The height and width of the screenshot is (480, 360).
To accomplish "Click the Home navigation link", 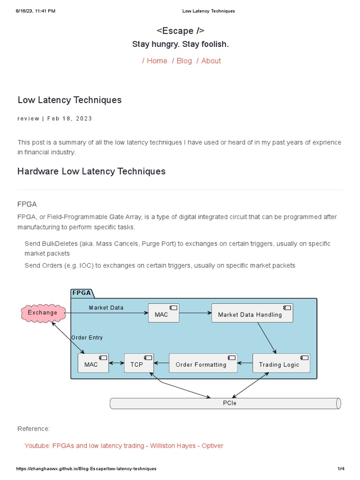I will [157, 61].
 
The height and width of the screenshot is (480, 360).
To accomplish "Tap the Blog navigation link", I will [184, 61].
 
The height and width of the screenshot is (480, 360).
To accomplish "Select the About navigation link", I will [211, 61].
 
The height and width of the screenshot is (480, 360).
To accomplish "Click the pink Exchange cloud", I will [42, 313].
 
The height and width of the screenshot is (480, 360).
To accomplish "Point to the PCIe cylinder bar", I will [225, 403].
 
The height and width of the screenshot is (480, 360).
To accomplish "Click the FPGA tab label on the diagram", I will [82, 293].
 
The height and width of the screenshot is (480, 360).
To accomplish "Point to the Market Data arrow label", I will [106, 307].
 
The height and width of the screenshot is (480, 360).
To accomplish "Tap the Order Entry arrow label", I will [87, 337].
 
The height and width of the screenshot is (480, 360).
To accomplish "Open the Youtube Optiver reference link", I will [124, 446].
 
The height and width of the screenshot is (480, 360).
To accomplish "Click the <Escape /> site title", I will [180, 31].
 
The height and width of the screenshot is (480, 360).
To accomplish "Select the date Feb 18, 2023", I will [70, 119].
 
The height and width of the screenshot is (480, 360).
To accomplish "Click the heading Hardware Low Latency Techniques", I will [91, 172].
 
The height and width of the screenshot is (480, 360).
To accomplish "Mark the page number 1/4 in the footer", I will [341, 469].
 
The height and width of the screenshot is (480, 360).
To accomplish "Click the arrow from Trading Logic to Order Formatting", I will [245, 363].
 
